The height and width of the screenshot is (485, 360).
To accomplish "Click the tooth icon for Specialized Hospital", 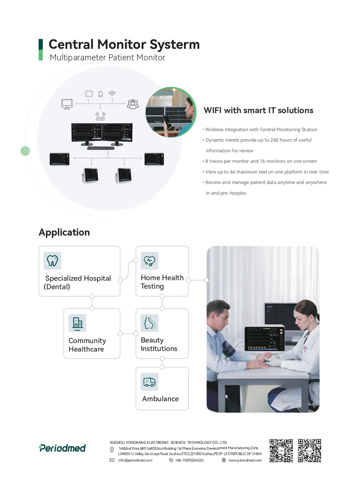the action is point(52,260).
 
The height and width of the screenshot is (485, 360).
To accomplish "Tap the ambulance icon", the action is point(150,382).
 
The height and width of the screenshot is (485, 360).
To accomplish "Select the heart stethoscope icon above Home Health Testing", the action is point(150,261).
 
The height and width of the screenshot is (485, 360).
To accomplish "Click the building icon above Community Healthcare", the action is point(77,323).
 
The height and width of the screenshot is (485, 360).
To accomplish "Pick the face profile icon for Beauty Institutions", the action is point(150,323).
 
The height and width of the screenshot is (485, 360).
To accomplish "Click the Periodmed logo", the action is point(62,448).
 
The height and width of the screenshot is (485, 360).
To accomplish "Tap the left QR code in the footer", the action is point(281,451).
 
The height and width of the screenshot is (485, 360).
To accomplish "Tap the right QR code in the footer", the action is point(309,451).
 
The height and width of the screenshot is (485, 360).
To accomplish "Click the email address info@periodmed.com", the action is point(135,460).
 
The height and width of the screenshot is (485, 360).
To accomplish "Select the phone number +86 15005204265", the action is point(189,460).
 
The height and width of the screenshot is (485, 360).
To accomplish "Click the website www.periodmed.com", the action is point(245,460).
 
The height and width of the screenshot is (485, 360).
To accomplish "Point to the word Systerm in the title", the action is point(175,44).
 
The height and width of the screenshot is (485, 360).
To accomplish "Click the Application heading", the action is point(64,232).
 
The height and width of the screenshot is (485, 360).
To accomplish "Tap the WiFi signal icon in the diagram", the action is point(112,94).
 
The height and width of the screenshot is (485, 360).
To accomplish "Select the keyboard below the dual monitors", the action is point(101,148).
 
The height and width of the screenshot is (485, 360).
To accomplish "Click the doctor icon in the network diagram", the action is point(133,104).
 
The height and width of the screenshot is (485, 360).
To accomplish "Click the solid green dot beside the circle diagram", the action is point(25,151).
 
